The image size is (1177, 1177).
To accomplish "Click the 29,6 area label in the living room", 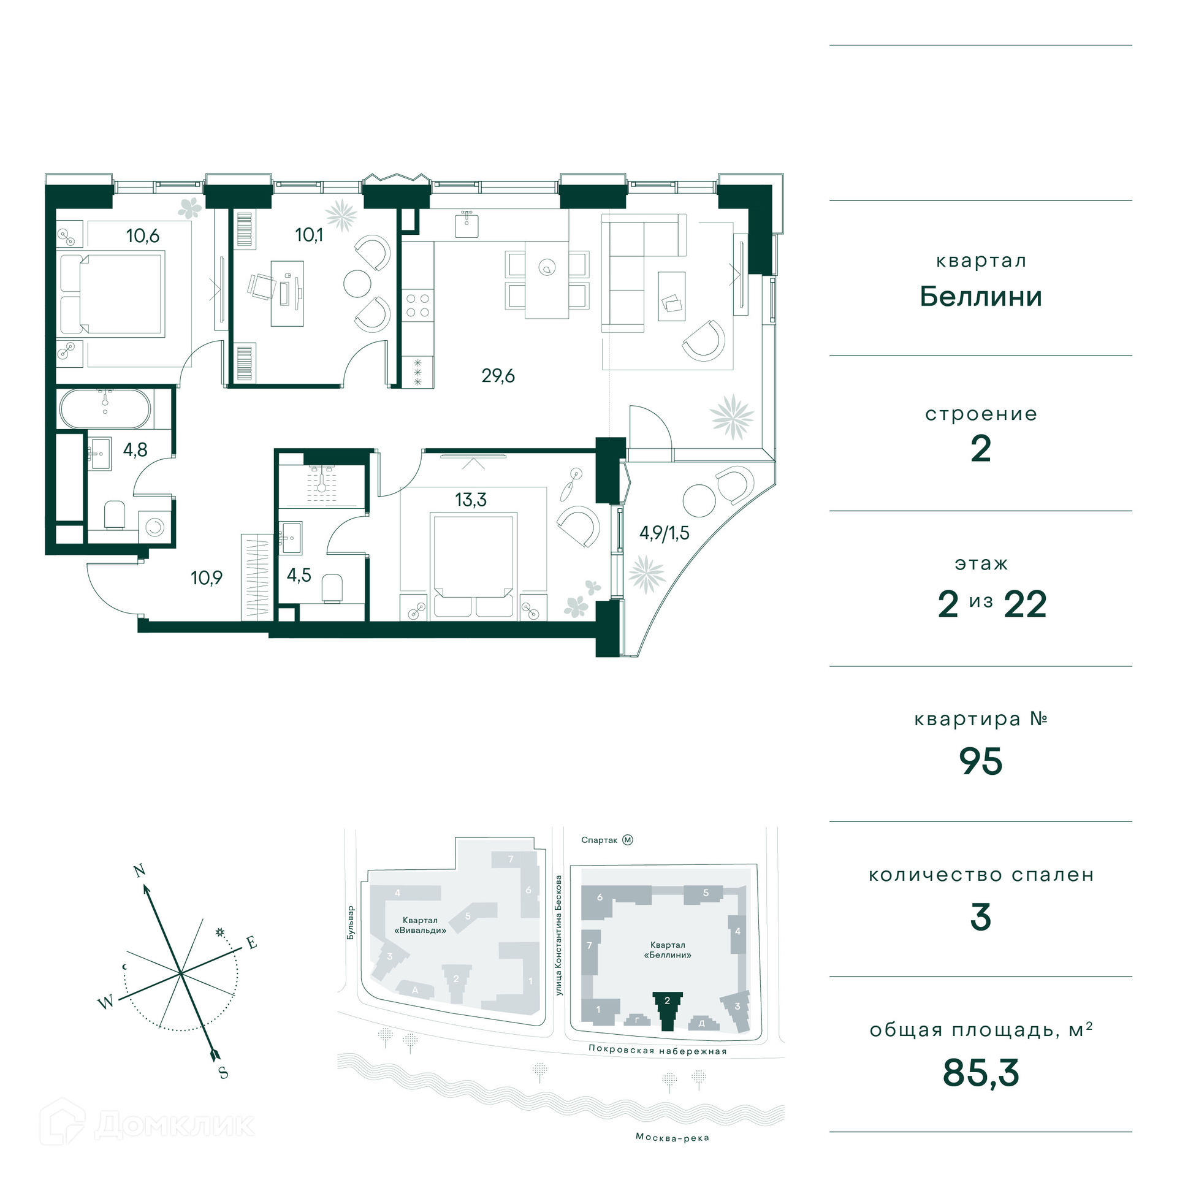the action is tap(498, 375).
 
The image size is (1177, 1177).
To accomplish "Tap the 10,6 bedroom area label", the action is tap(143, 236).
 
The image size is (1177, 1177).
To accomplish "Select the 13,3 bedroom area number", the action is tap(471, 500).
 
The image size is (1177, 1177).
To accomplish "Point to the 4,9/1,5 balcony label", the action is tap(664, 533).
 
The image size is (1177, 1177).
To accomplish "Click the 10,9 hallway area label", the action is tap(207, 577).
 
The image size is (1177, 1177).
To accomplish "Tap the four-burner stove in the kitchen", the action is tap(418, 305).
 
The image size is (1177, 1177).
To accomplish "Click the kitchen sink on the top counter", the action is tap(467, 224).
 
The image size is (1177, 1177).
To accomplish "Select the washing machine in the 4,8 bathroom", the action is tap(154, 527).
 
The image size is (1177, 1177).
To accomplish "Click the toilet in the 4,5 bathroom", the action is tap(332, 588).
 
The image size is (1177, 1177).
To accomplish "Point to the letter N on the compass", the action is tap(139, 870).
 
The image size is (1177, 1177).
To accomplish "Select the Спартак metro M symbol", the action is tap(628, 840).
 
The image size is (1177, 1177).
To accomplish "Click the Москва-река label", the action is tap(672, 1137).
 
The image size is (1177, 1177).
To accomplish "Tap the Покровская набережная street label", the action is tap(658, 1050).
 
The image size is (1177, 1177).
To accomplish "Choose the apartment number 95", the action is tap(981, 762).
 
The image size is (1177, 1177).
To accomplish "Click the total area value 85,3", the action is tap(981, 1073).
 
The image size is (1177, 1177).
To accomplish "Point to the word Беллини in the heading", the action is tap(981, 297).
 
